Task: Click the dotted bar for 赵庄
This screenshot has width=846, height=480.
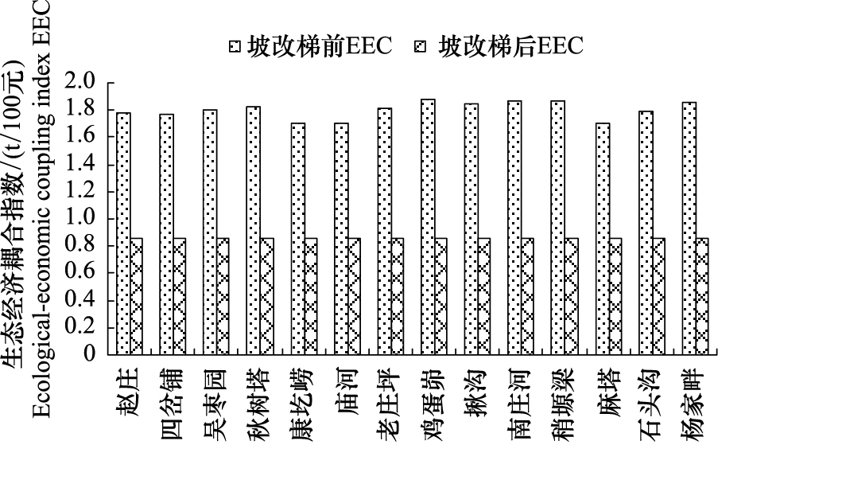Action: [x=123, y=234]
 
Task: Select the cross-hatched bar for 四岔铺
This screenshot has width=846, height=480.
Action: [x=180, y=296]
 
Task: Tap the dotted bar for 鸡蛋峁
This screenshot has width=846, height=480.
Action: [x=429, y=227]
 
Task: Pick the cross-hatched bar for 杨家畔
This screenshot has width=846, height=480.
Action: [x=702, y=296]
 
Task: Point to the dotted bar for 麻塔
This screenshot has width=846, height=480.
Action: [x=603, y=239]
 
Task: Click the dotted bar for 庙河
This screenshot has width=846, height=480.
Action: [x=342, y=239]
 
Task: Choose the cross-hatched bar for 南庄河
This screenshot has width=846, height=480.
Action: [x=528, y=296]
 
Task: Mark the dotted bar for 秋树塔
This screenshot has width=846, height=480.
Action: [x=254, y=231]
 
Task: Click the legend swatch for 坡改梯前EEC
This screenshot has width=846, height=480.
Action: [x=234, y=47]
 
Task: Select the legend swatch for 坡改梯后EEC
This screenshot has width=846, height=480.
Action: [x=420, y=47]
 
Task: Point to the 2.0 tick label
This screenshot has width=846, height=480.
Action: [x=80, y=82]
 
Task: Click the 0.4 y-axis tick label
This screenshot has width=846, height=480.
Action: [x=80, y=299]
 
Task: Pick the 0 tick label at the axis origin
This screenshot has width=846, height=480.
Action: [x=89, y=354]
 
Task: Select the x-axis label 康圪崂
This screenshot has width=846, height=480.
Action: [x=301, y=404]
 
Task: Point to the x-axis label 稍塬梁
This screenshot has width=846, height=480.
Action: [x=563, y=404]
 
